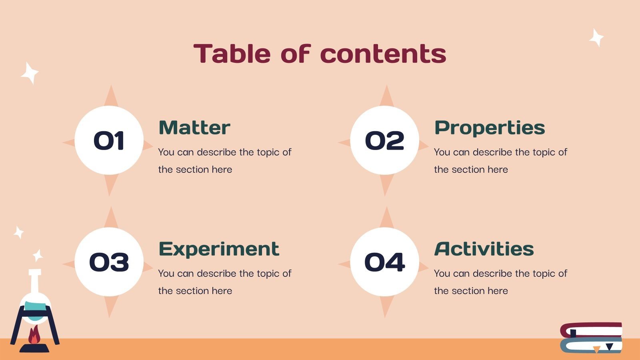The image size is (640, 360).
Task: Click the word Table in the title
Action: (232, 54)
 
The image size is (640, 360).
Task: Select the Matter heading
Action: (194, 128)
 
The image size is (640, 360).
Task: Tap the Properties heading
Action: (490, 128)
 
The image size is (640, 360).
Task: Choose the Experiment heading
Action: (219, 249)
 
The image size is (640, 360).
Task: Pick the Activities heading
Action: (484, 249)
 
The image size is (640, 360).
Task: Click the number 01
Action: (109, 141)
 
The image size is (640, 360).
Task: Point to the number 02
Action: (384, 141)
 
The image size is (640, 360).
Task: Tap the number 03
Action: (109, 262)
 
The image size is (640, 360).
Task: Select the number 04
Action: (384, 262)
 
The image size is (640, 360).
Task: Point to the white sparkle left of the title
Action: (29, 73)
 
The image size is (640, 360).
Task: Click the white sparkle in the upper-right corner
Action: (596, 38)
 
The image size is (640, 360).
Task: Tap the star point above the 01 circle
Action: (111, 96)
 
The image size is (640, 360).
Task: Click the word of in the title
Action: (295, 54)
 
